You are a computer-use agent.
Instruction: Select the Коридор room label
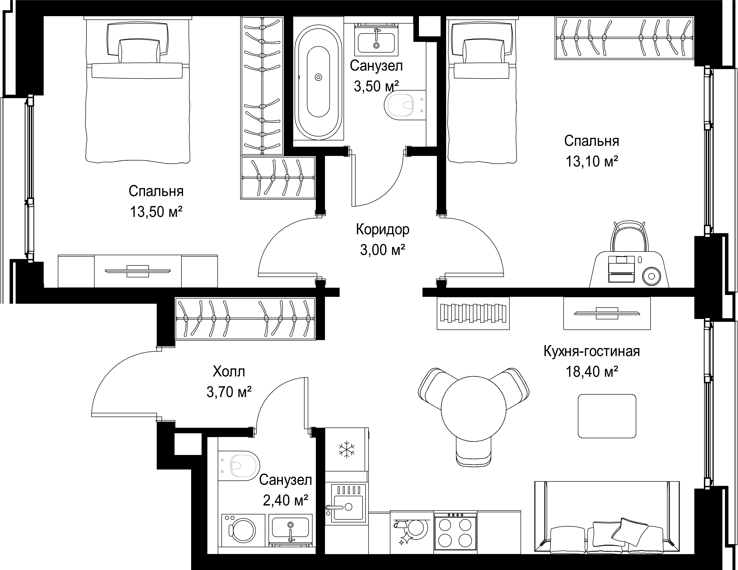click(x=383, y=230)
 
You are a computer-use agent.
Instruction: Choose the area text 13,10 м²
click(x=592, y=161)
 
